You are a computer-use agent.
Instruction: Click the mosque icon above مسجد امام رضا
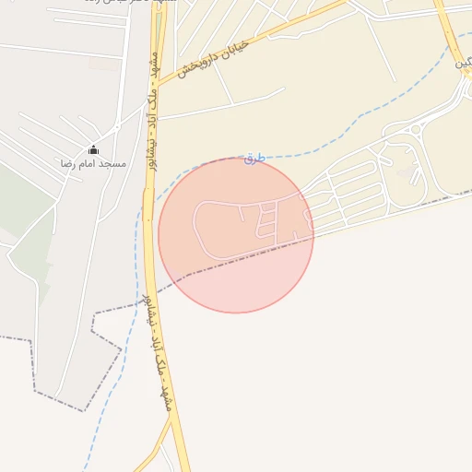(93, 149)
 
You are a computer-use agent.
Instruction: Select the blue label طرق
(254, 159)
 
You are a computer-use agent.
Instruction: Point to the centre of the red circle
(236, 235)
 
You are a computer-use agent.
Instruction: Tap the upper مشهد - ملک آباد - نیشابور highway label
(153, 111)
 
